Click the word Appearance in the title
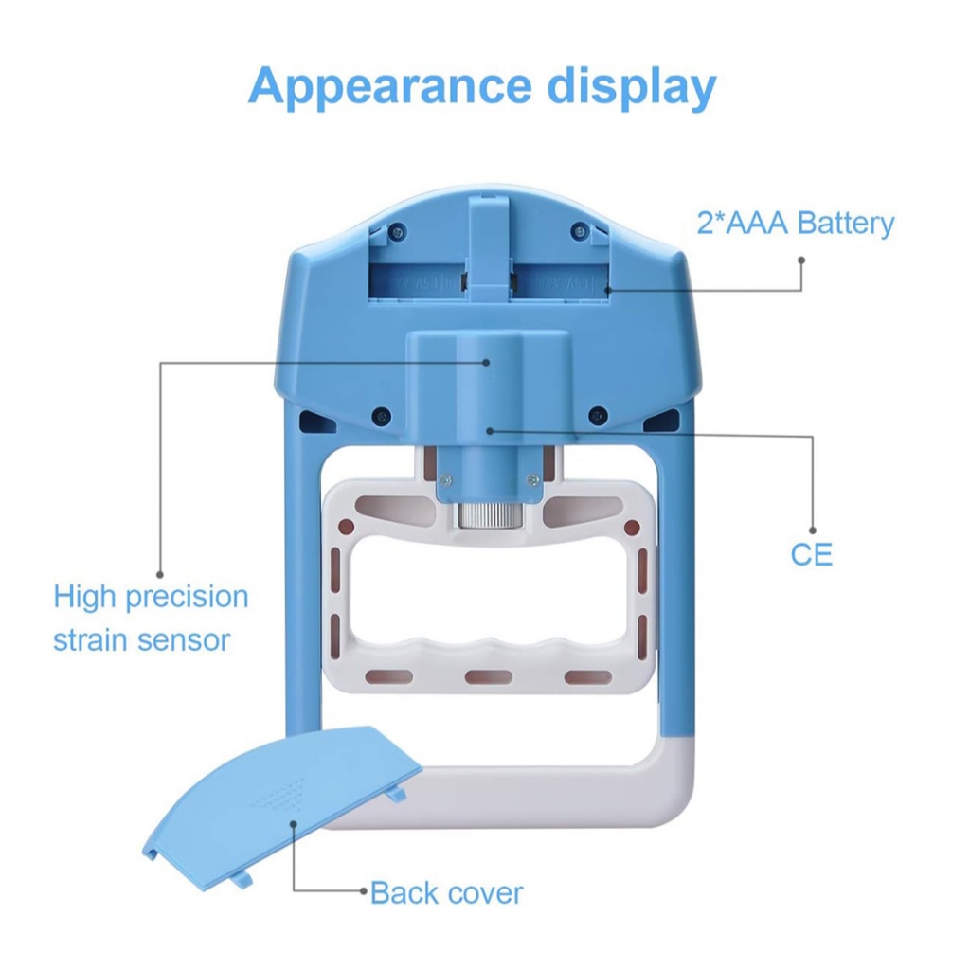[389, 87]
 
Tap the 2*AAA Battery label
[796, 224]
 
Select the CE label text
[812, 554]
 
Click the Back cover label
[446, 892]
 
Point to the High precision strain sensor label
[151, 618]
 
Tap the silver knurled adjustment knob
[487, 516]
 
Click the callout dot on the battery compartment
[608, 288]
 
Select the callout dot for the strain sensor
[487, 361]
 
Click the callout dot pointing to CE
[490, 430]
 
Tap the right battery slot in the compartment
[559, 281]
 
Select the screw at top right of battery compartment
[577, 230]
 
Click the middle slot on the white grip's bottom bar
[488, 676]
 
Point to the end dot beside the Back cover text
[362, 891]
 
